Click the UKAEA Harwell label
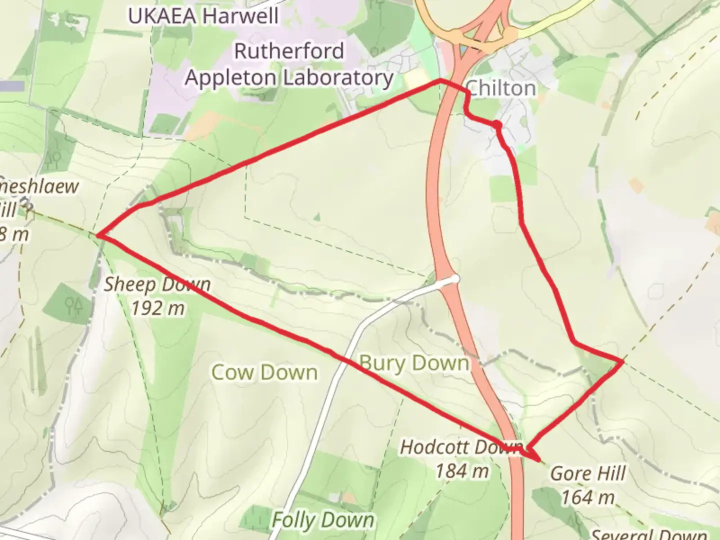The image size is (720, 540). coord(203,16)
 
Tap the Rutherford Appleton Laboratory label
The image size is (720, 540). coord(289,65)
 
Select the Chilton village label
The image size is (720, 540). coord(501,88)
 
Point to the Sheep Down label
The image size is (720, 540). coord(157,284)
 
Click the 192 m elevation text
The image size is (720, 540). coord(158,308)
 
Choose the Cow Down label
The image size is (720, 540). coord(264,372)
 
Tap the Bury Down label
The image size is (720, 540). coord(414,363)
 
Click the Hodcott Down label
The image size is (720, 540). coord(461,447)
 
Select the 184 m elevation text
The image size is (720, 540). coord(461,471)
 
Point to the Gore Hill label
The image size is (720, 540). coord(588,473)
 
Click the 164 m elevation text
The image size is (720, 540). coord(587,497)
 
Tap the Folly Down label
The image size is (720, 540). coord(323,520)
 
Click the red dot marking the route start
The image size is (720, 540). coord(497,124)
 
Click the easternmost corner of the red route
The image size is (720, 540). coord(623,360)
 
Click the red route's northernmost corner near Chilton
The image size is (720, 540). coord(440,80)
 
